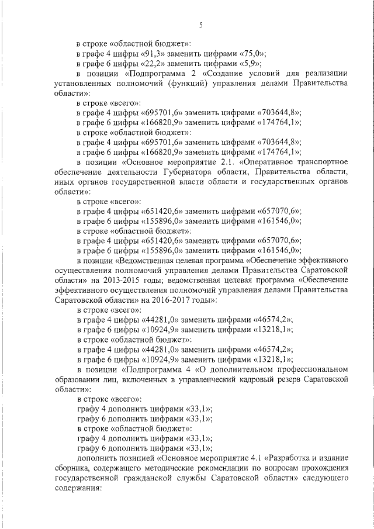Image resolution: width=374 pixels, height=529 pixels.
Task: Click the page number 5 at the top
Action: pyautogui.click(x=200, y=25)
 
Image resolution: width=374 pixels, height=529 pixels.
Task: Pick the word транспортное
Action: pyautogui.click(x=324, y=162)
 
